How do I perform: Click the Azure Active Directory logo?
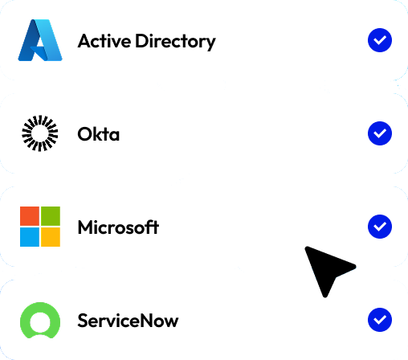coord(40,40)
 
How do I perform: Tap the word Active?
coord(104,41)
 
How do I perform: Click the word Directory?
coord(175,42)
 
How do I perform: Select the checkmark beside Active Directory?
coord(380,40)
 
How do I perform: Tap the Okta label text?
coord(98,134)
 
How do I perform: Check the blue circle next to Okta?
coord(380,133)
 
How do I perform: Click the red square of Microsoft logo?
coord(30,216)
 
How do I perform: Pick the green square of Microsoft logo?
coord(51,216)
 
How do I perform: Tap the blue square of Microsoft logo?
coord(30,237)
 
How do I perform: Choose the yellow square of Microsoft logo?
coord(51,237)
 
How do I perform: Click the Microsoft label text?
coord(118,227)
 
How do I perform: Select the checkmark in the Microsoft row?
coord(380,227)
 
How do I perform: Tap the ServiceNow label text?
coord(128,321)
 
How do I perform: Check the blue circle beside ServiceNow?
coord(380,320)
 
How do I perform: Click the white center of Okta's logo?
coord(40,133)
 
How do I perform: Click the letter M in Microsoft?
coord(84,227)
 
